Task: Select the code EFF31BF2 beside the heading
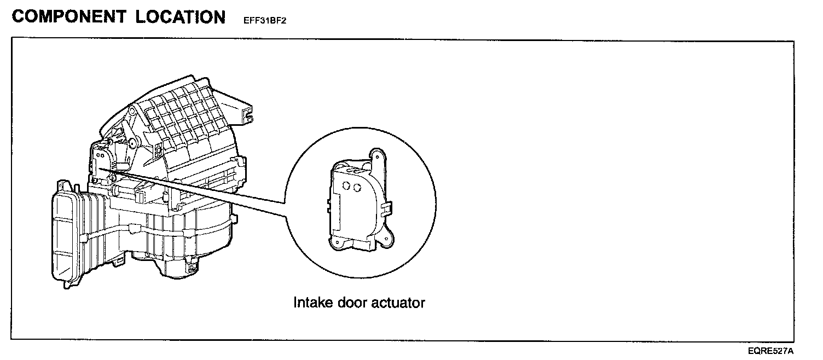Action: coord(265,21)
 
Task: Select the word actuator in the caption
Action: coord(399,302)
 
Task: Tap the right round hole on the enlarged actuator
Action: coord(357,188)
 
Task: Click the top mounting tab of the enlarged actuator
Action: coord(377,155)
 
